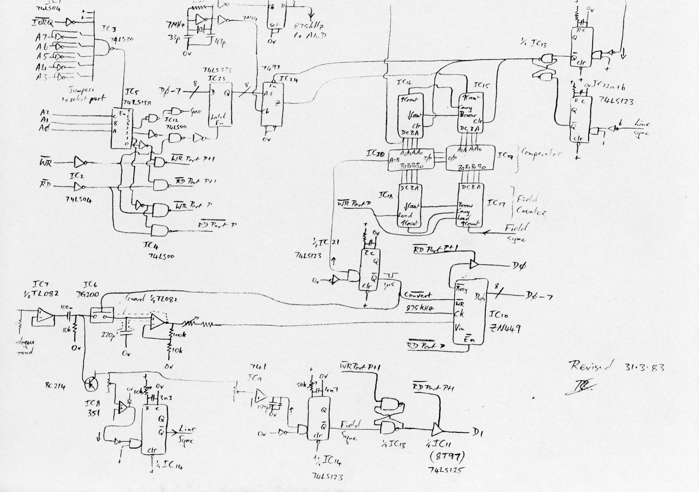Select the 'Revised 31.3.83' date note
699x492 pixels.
pyautogui.click(x=616, y=366)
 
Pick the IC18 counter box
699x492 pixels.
pyautogui.click(x=410, y=206)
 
